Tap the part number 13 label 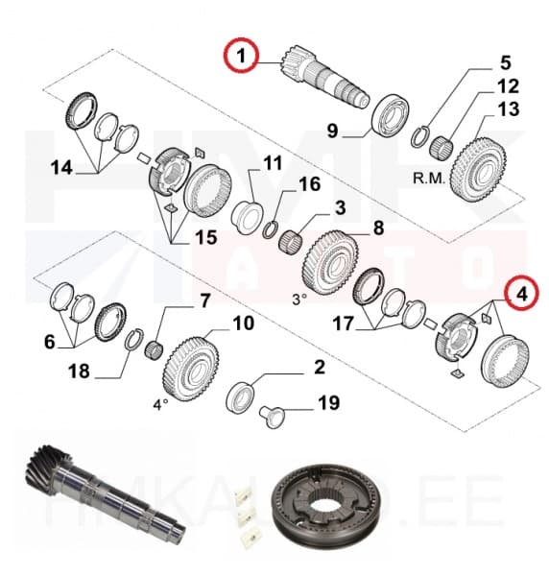[508, 109]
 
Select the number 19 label [328, 403]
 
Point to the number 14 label [61, 168]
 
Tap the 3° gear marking [300, 299]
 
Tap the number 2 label [319, 367]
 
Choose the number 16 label [310, 183]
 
